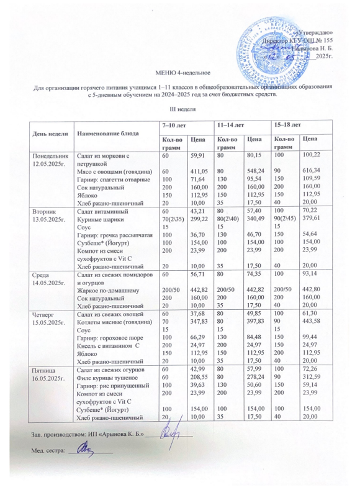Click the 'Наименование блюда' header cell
point(99,134)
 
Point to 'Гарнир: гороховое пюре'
point(107,338)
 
